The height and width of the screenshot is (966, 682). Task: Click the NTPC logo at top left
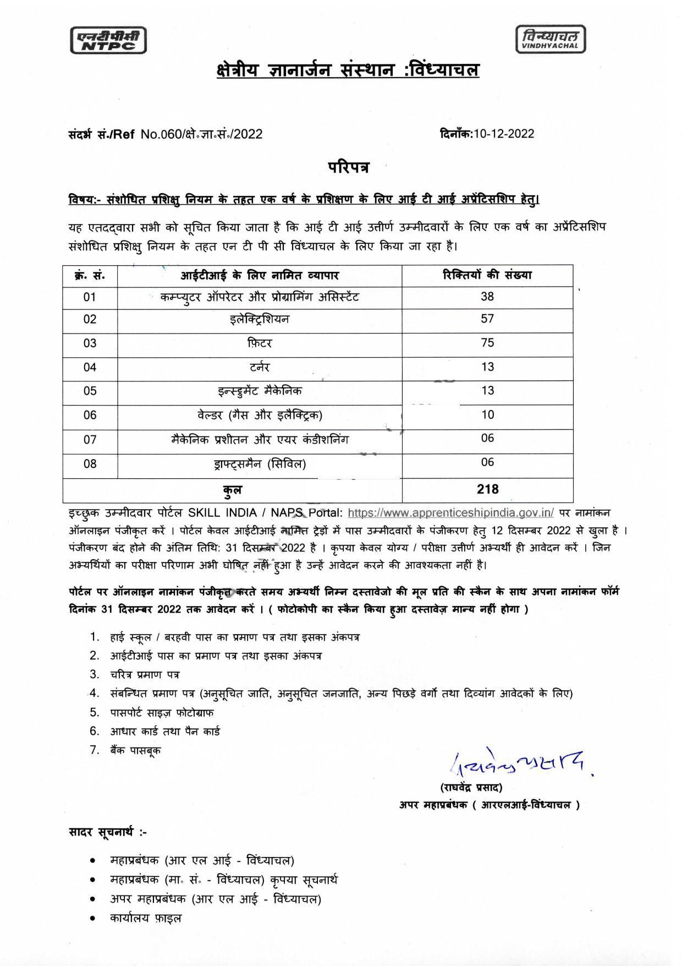point(108,40)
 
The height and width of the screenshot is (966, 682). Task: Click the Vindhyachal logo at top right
point(551,40)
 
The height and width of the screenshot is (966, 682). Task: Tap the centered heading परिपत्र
point(349,167)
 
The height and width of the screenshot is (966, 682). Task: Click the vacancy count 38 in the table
point(487,297)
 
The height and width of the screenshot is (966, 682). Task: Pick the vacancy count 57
point(487,319)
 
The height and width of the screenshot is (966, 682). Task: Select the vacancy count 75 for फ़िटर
point(487,343)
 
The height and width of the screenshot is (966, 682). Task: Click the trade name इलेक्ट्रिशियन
point(260,319)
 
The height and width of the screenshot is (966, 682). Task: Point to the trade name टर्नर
point(260,367)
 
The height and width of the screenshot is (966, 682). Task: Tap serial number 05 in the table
point(90,391)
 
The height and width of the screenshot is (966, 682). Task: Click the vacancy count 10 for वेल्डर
point(487,415)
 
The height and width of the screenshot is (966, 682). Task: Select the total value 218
point(487,489)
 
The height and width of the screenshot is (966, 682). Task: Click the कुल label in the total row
point(232,489)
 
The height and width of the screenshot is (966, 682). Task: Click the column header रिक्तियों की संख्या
point(487,275)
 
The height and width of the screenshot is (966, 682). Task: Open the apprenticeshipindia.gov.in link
point(450,512)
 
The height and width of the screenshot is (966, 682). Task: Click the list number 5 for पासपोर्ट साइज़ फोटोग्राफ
point(95,712)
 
